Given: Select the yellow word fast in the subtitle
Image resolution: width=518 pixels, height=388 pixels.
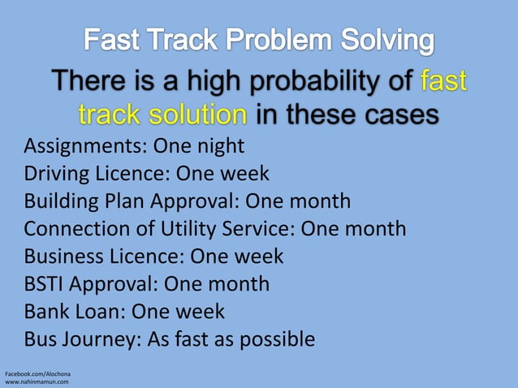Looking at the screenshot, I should pyautogui.click(x=443, y=83).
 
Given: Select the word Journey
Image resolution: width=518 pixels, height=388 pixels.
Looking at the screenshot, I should pyautogui.click(x=102, y=338).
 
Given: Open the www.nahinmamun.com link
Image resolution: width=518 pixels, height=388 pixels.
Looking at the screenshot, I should pyautogui.click(x=37, y=381).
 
